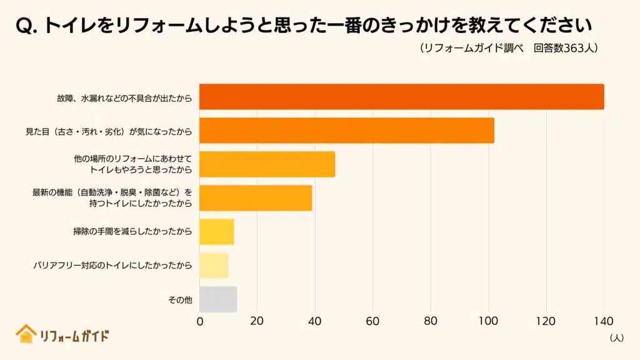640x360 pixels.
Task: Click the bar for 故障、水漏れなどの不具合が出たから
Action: click(x=401, y=97)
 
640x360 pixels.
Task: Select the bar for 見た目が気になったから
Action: click(x=346, y=131)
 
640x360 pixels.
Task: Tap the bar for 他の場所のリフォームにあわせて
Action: click(x=267, y=164)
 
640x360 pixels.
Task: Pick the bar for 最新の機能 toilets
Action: click(x=255, y=198)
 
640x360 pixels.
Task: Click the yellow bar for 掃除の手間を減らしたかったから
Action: click(x=216, y=232)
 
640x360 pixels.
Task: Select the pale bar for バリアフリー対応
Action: click(x=214, y=266)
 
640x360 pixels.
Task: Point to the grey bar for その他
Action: click(x=217, y=299)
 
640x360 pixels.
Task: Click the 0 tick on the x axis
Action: click(x=200, y=322)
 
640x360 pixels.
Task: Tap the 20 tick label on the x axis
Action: click(x=257, y=322)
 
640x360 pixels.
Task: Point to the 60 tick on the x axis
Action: click(x=372, y=322)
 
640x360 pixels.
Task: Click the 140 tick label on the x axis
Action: click(x=603, y=322)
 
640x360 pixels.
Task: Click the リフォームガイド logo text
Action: click(x=74, y=336)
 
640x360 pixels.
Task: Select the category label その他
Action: click(x=180, y=300)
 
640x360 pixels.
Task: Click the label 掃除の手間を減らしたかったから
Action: click(x=132, y=232)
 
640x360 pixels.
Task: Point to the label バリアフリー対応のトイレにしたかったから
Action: click(x=112, y=266)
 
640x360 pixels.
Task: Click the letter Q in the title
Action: click(x=22, y=26)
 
